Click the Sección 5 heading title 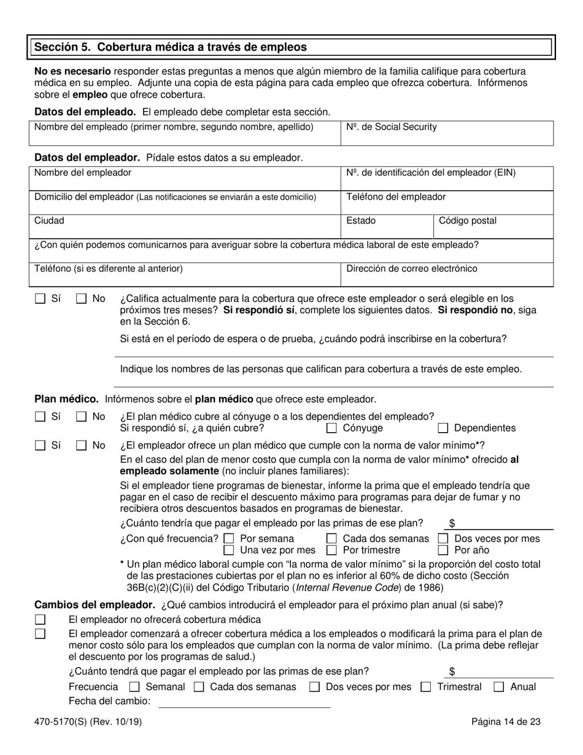(x=171, y=47)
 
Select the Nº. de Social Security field (x=447, y=133)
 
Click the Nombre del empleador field (x=184, y=179)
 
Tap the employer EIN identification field (x=447, y=179)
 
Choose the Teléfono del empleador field (x=447, y=203)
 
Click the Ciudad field (x=184, y=226)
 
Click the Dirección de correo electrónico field (x=447, y=274)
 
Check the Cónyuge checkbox (x=332, y=428)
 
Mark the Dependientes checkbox (x=443, y=428)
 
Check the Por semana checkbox (x=229, y=539)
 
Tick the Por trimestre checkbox (x=332, y=551)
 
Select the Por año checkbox (x=443, y=551)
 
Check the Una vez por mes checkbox (x=229, y=551)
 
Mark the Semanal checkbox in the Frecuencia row (x=135, y=687)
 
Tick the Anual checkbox (x=500, y=687)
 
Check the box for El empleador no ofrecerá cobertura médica (x=41, y=620)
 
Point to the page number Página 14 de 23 (x=506, y=722)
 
